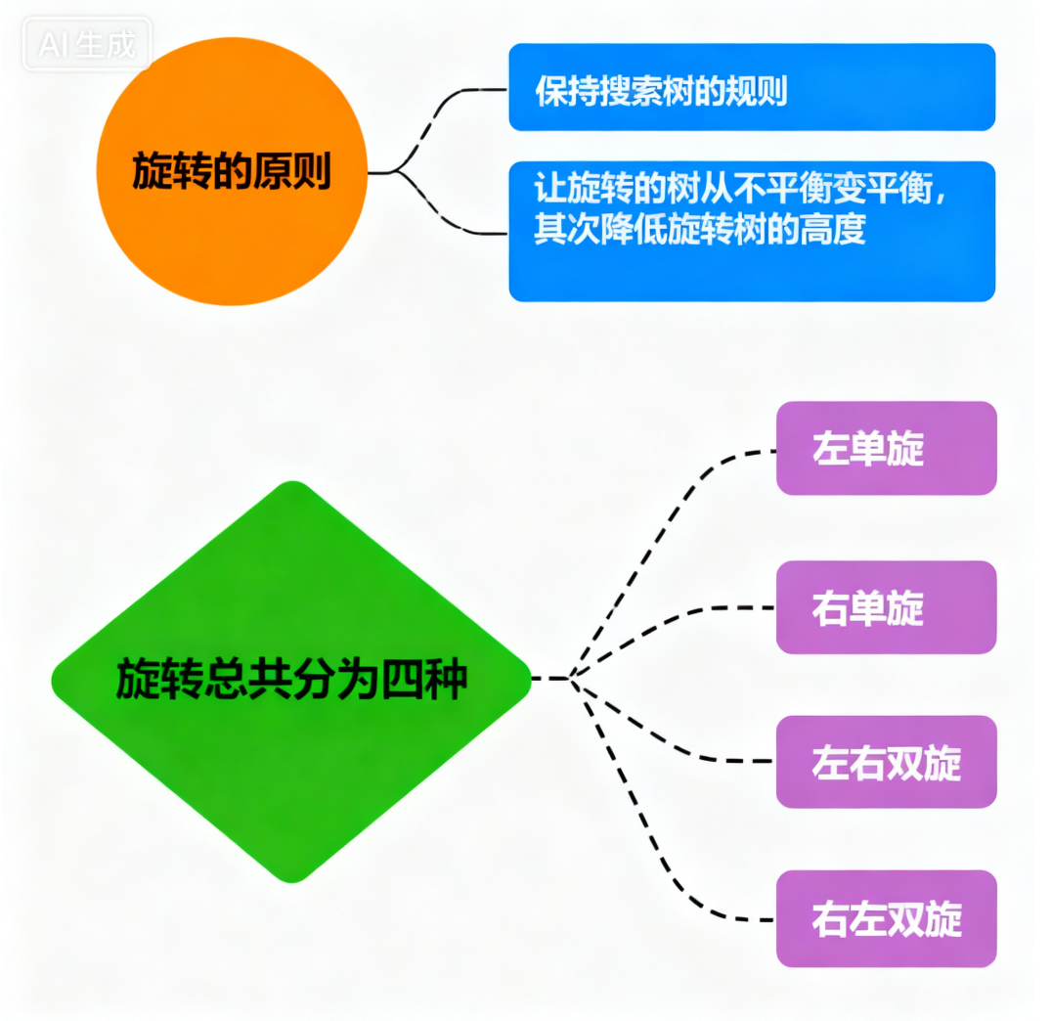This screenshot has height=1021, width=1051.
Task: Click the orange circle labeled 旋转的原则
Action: click(232, 171)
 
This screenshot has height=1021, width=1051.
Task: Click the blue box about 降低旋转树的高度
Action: click(751, 231)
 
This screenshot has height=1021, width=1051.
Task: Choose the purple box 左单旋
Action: click(886, 449)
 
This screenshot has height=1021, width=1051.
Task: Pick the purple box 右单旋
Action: click(886, 607)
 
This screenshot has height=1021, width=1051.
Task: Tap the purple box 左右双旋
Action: click(886, 762)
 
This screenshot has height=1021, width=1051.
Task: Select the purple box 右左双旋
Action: click(886, 919)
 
